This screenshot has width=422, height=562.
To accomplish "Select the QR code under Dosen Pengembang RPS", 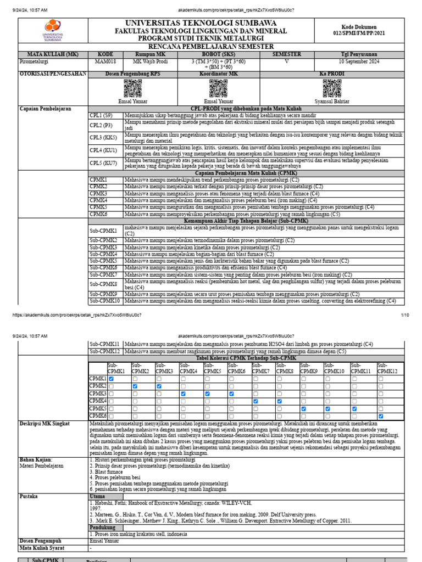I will coord(133,88).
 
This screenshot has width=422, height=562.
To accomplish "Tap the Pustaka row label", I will coord(29,496).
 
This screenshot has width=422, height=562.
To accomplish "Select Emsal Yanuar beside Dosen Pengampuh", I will coord(104,541).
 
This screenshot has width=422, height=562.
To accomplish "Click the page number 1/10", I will coord(405,315).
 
